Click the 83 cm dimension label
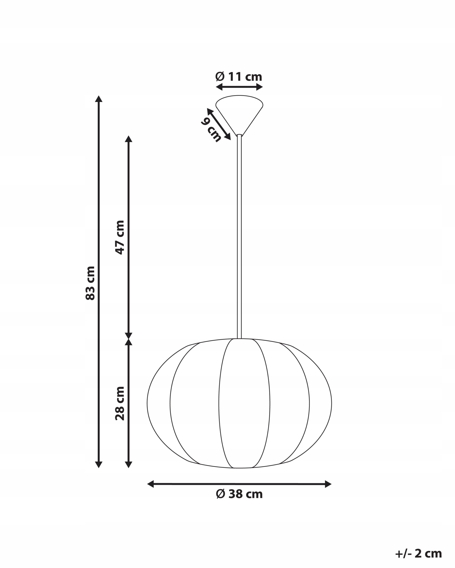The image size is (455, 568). [x=90, y=283]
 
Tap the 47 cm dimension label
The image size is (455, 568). [x=120, y=237]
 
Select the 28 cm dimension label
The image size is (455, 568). [x=120, y=404]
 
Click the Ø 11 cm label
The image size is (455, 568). [x=239, y=77]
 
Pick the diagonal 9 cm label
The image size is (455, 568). [x=211, y=130]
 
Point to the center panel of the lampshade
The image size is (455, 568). [x=244, y=403]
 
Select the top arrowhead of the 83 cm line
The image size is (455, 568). [x=99, y=99]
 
